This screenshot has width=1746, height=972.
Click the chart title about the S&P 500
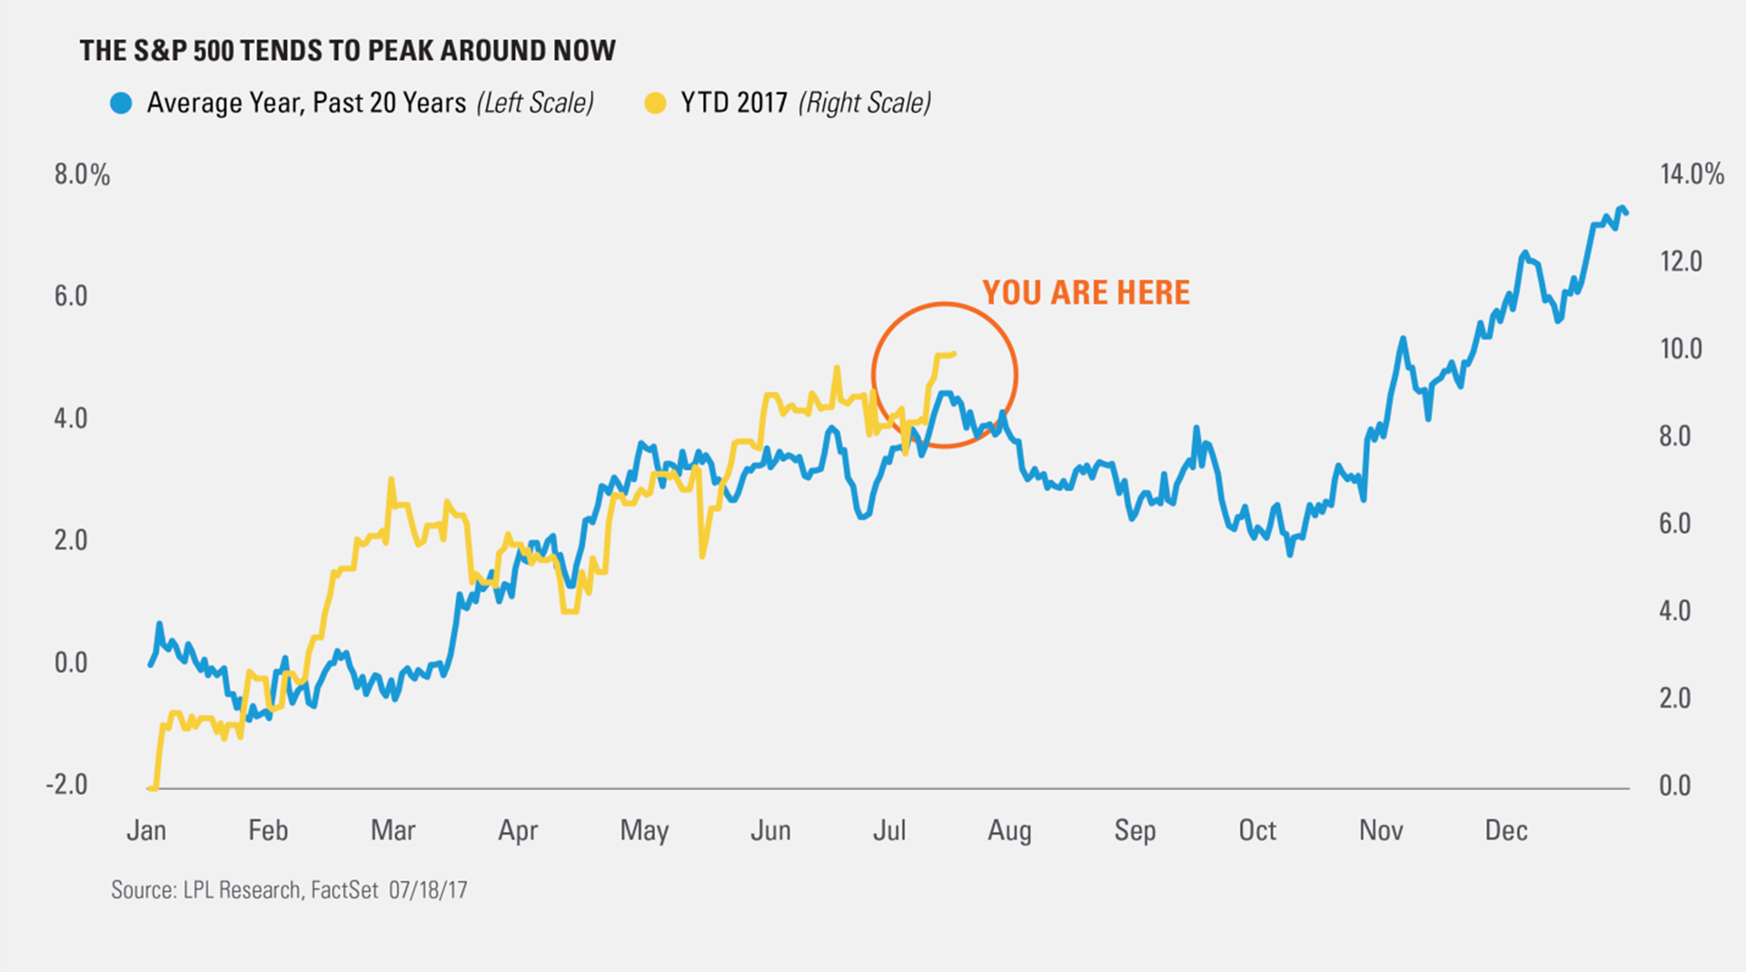(x=347, y=51)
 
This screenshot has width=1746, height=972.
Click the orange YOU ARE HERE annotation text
(x=1086, y=293)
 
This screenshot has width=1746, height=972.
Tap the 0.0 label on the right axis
(x=1675, y=786)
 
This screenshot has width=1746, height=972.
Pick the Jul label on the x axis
(x=889, y=830)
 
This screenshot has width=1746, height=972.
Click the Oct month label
(x=1257, y=830)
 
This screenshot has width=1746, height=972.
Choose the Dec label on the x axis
(x=1506, y=830)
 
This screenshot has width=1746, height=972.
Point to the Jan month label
(x=146, y=830)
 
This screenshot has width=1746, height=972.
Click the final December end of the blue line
(x=1627, y=213)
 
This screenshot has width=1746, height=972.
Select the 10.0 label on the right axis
(x=1680, y=349)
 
